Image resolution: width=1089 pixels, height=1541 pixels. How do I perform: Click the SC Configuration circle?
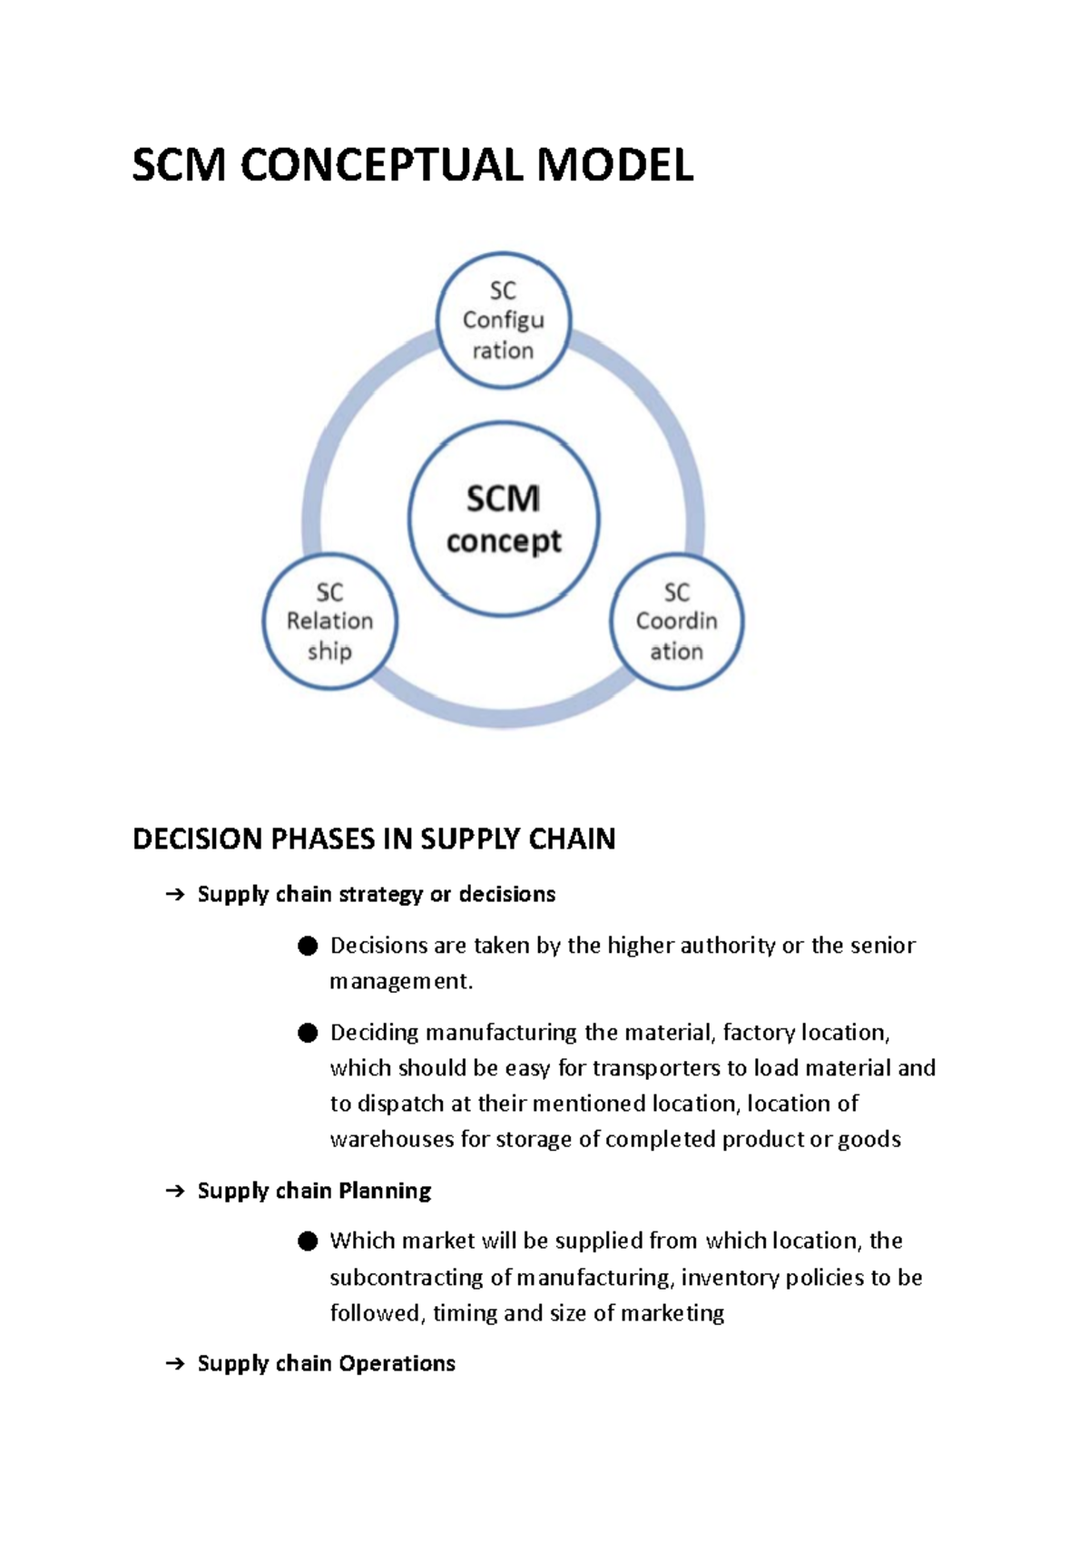503,320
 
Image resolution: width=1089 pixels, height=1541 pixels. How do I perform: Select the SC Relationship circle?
329,622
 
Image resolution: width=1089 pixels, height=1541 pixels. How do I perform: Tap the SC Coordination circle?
676,622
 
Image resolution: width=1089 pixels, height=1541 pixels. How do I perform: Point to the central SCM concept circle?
504,519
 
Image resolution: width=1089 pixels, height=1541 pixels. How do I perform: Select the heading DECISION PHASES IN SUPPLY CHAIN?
374,839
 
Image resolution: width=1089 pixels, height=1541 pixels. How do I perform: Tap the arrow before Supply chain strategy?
174,896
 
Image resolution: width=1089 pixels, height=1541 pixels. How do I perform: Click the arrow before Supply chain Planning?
174,1192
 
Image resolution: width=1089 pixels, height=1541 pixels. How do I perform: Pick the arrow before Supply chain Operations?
174,1364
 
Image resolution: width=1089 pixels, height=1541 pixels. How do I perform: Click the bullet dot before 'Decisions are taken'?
308,947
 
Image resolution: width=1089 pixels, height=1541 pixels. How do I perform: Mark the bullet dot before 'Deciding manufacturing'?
308,1033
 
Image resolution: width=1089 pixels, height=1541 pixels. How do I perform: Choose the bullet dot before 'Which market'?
308,1242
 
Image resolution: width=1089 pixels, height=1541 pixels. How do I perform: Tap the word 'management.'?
401,982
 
